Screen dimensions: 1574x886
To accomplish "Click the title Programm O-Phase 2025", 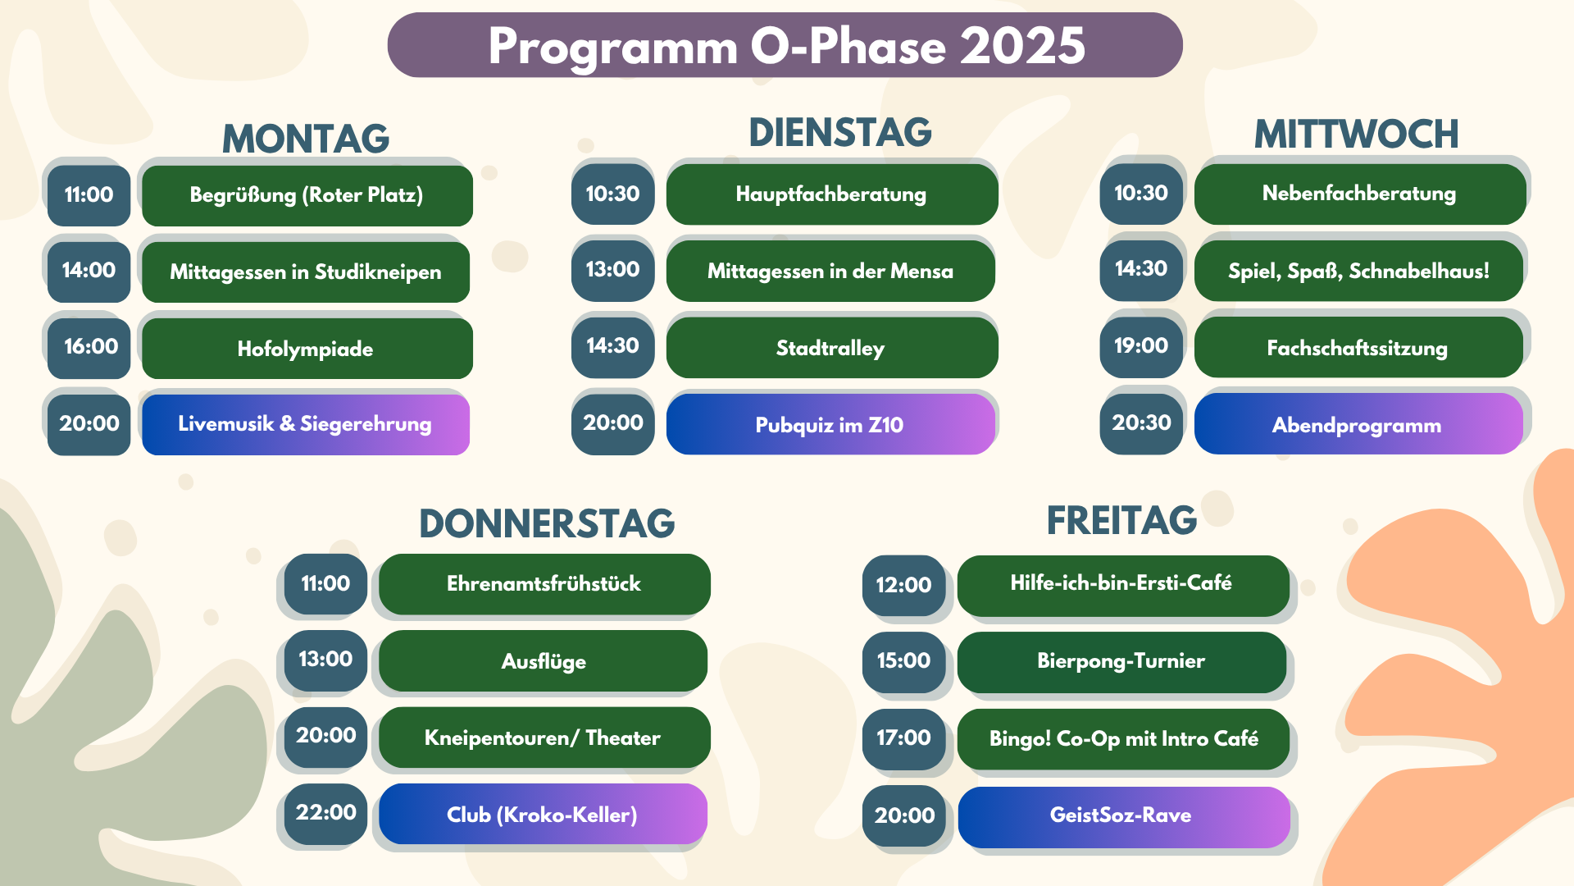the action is tap(785, 45).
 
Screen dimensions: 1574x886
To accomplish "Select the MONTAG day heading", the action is tap(306, 139).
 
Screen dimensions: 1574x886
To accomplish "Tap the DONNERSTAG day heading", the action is tap(547, 523).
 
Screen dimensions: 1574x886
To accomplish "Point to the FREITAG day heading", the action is tap(1121, 520).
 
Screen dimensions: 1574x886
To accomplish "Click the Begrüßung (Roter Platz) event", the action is tap(307, 195).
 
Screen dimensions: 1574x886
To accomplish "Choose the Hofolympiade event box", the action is tap(307, 349).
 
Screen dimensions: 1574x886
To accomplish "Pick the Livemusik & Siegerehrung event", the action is tap(306, 424).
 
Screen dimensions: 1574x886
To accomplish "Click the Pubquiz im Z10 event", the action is tap(830, 424).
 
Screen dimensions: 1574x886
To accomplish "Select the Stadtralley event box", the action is tap(831, 348).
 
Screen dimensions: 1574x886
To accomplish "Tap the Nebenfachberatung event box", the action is tap(1359, 194).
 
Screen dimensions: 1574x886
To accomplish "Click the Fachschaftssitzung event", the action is tap(1358, 348).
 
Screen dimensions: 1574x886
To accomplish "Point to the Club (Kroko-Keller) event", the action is tap(543, 815).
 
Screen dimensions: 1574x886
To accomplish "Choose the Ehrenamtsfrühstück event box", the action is tap(544, 584).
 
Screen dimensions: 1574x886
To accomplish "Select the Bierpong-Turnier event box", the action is tap(1121, 662).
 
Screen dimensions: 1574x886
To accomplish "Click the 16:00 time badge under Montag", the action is tap(89, 348).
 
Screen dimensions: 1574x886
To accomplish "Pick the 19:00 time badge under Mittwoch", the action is tap(1141, 347).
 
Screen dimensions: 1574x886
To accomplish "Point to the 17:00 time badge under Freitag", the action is tap(903, 739).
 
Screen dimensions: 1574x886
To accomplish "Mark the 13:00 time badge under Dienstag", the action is tap(612, 271).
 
